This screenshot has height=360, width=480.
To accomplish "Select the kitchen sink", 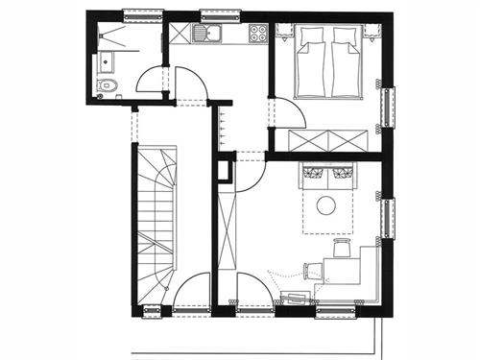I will click(x=204, y=34).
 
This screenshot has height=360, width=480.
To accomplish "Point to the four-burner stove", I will click(x=257, y=34).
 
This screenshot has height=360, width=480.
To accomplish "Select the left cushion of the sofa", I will click(x=314, y=173).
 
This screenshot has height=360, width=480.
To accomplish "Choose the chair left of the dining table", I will click(x=313, y=269).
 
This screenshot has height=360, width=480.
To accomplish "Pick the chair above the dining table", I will click(x=341, y=249).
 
